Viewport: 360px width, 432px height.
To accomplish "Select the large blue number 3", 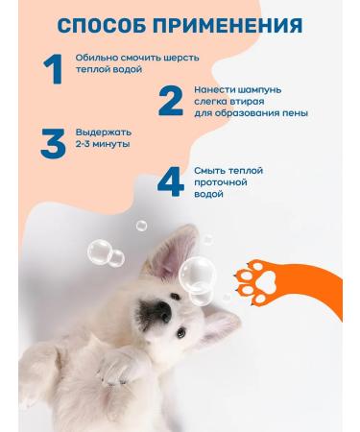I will (52, 141).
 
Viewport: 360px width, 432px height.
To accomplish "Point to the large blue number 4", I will (170, 181).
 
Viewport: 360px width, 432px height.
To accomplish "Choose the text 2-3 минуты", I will (105, 143).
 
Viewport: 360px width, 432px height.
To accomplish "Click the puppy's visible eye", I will (181, 333).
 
